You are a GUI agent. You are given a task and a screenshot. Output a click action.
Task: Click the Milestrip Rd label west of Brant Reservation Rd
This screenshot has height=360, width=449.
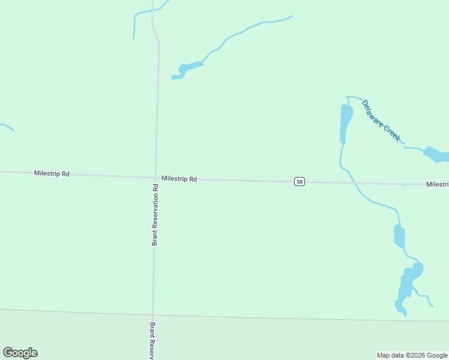52,173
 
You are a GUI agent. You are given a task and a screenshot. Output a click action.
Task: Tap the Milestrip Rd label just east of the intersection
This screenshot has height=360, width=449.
179,179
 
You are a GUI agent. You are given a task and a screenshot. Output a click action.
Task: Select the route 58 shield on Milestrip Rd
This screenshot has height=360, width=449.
300,181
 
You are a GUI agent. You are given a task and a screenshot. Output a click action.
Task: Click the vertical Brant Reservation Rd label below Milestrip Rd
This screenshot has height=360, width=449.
155,214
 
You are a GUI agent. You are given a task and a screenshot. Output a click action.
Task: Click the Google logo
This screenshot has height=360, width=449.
20,353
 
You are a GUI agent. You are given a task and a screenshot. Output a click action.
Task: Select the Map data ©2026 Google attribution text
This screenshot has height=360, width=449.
412,355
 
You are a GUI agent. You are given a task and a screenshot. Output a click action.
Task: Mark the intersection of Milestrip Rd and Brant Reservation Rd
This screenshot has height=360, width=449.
155,177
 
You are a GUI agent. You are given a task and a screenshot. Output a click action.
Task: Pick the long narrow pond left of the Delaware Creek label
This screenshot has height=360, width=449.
346,123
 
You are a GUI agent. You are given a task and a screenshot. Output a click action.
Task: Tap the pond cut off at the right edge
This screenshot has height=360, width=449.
438,155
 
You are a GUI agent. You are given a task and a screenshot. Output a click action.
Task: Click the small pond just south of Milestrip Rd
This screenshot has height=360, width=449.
399,236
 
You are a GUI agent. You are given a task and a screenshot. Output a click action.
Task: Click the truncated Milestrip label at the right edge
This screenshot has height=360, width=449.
438,184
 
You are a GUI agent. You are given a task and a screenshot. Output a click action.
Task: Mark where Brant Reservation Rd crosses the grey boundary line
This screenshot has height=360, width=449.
153,314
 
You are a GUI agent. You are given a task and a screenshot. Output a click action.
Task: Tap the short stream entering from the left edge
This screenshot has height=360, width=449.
7,126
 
